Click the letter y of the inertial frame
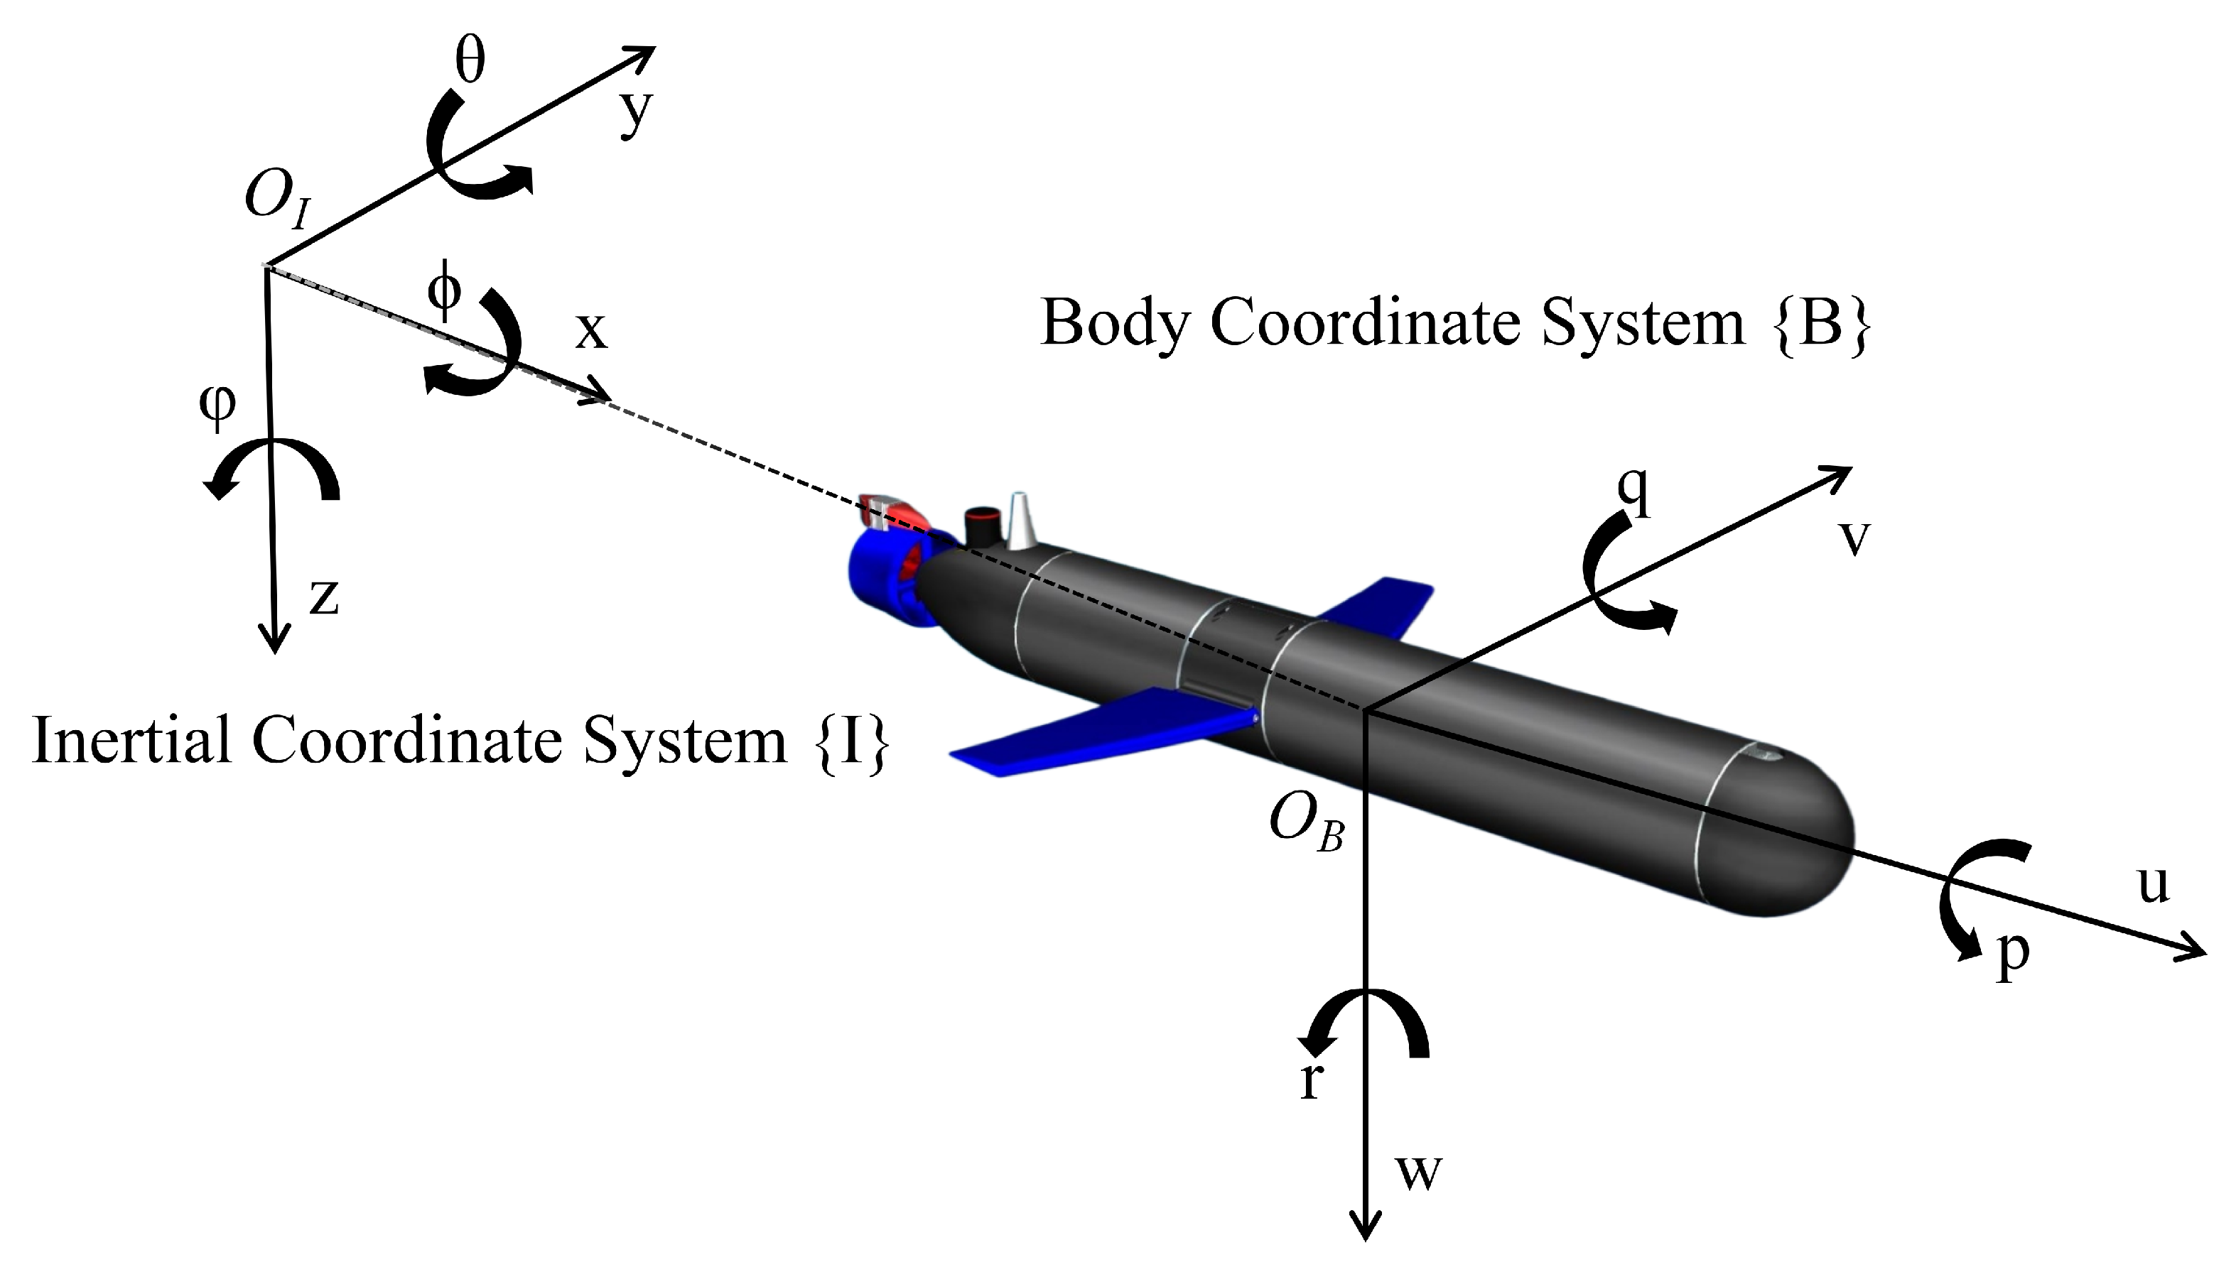tap(635, 113)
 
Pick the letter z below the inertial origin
tap(324, 598)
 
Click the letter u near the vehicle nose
tap(2154, 884)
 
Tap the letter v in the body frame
tap(1854, 538)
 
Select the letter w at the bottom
tap(1419, 1171)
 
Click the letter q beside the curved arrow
tap(1633, 494)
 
